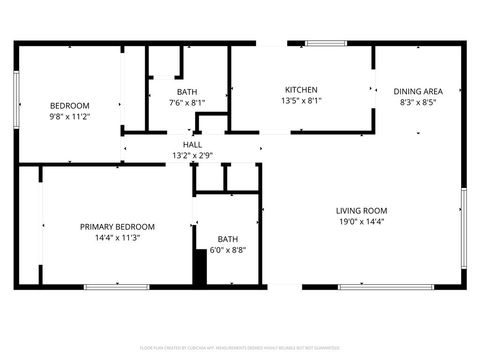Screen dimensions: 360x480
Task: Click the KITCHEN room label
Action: pyautogui.click(x=301, y=89)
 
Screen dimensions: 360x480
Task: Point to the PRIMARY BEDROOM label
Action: pyautogui.click(x=117, y=227)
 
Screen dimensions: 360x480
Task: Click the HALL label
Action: pyautogui.click(x=192, y=144)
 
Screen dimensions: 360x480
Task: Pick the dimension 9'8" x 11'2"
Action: pyautogui.click(x=70, y=116)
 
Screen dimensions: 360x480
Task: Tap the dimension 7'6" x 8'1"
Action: pyautogui.click(x=187, y=102)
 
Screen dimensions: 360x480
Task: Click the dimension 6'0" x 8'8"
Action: pyautogui.click(x=228, y=250)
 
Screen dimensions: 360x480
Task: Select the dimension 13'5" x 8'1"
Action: pyautogui.click(x=301, y=100)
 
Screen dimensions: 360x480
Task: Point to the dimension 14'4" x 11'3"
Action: pyautogui.click(x=117, y=238)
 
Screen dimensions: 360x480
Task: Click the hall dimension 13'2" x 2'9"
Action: pyautogui.click(x=192, y=155)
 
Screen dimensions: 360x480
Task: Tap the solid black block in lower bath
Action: pyautogui.click(x=199, y=267)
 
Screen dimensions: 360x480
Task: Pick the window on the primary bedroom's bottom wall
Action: pyautogui.click(x=116, y=287)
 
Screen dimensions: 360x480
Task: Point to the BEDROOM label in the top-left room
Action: pyautogui.click(x=70, y=105)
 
